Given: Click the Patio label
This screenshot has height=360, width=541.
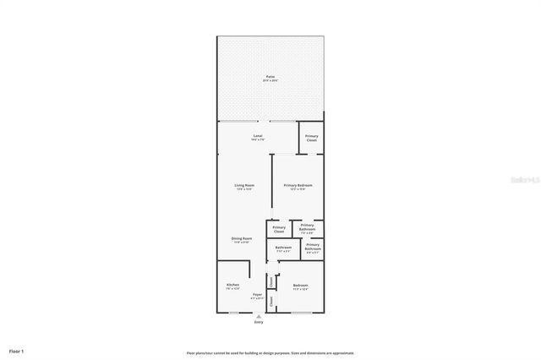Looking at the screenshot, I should (270, 77).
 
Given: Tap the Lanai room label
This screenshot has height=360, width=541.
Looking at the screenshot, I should (258, 137).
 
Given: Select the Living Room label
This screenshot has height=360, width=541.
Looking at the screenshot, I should (244, 186).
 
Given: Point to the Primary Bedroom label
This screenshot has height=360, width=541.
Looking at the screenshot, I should (298, 186).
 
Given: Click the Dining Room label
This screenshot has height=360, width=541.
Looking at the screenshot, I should (242, 240).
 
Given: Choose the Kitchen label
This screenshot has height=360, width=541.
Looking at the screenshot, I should (232, 286).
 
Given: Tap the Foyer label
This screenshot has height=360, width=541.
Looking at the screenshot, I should (257, 296).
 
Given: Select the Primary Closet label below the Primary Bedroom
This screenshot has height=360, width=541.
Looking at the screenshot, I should (278, 229).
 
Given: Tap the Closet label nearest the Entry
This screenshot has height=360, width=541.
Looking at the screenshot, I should (271, 300).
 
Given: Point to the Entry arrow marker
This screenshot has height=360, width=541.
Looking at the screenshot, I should (258, 316).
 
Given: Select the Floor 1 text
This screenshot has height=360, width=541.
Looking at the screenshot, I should (17, 350).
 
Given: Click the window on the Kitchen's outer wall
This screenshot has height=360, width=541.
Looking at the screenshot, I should (232, 314).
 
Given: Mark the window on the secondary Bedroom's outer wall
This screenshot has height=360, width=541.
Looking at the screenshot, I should (302, 314).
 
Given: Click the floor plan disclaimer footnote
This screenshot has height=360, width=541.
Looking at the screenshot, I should (270, 352).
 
